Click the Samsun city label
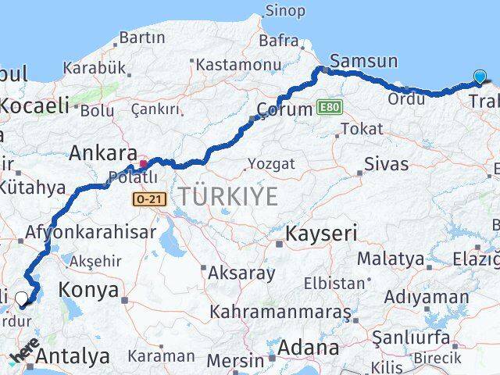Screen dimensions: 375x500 (x=363, y=61)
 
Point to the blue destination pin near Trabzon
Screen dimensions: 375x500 (x=479, y=77)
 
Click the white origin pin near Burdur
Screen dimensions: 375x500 (x=22, y=297)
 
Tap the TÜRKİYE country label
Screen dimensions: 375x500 (x=227, y=196)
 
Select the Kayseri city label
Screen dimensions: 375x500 (x=321, y=233)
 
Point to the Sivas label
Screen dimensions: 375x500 (x=386, y=165)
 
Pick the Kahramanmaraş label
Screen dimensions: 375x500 (x=280, y=312)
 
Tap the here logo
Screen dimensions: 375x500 (x=25, y=352)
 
